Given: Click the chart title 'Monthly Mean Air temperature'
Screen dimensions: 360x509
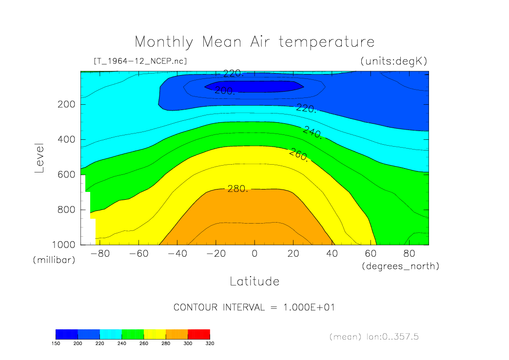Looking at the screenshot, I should (254, 42).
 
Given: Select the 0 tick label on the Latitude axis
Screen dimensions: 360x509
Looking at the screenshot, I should (254, 253).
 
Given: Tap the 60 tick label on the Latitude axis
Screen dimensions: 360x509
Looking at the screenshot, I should (371, 253).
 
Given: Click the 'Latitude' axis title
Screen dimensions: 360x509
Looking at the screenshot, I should (254, 282).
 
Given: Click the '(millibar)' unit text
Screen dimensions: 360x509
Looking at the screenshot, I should (54, 260).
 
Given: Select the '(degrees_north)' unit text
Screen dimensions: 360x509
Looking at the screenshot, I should (400, 266).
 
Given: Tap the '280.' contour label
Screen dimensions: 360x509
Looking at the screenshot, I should (238, 189).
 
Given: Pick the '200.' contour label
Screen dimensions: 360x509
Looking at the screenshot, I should (225, 91).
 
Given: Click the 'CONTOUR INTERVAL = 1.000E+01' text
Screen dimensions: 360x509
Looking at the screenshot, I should (254, 307).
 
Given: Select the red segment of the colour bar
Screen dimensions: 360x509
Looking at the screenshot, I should (198, 334).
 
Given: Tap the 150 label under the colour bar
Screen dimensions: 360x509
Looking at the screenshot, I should (56, 343).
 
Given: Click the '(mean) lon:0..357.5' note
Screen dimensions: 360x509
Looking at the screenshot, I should (373, 337).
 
